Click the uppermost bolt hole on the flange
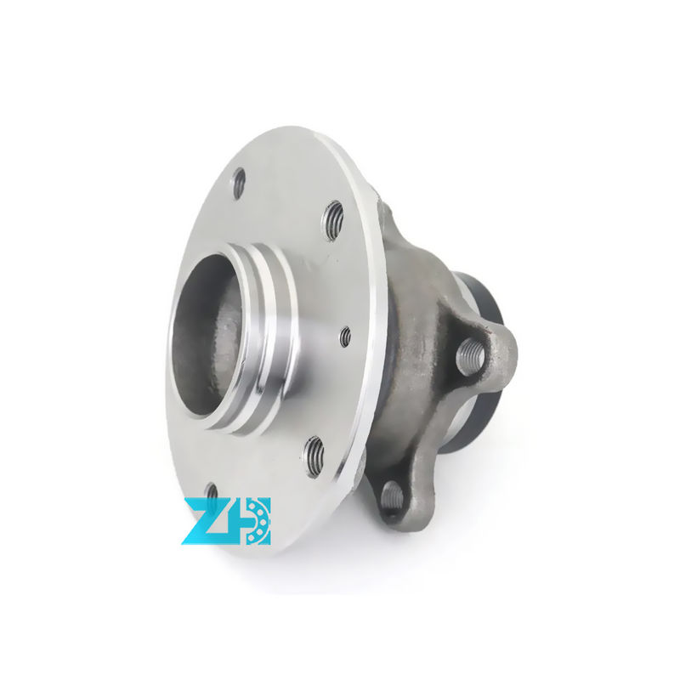click(239, 182)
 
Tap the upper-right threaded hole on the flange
click(333, 220)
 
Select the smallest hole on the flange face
click(345, 337)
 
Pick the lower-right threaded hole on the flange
click(314, 455)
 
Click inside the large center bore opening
click(204, 340)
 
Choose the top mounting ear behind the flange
click(384, 209)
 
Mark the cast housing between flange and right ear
click(416, 340)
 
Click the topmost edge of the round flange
click(289, 128)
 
